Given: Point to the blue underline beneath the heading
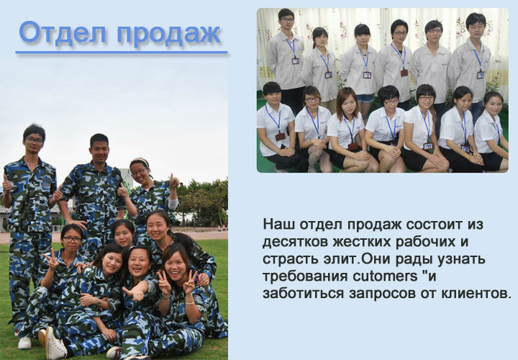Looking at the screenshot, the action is [122, 53].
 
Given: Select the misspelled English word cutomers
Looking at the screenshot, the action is [385, 276].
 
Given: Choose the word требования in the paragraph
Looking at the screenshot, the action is [305, 276].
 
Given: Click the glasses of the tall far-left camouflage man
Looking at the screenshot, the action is [34, 140].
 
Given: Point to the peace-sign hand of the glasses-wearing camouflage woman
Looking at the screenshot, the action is [50, 258].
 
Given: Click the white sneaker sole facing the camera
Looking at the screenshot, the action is [55, 344].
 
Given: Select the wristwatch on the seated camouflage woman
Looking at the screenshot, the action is [99, 302].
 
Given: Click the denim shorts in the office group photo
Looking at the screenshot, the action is [365, 98].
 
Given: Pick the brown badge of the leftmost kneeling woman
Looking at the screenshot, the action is [280, 137].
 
